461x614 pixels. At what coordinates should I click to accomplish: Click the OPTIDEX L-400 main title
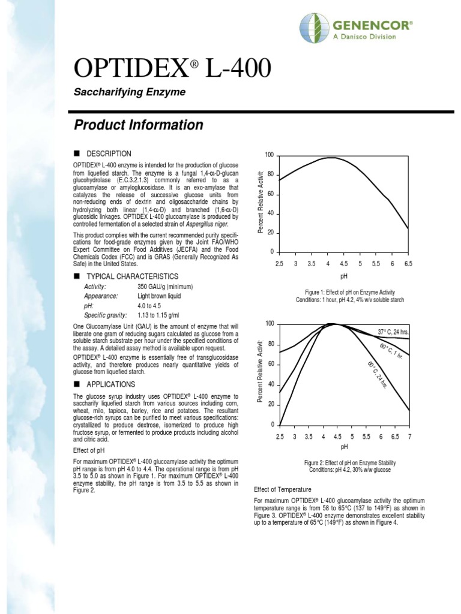point(172,70)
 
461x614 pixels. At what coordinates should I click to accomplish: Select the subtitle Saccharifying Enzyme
point(129,92)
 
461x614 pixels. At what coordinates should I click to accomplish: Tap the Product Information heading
point(138,125)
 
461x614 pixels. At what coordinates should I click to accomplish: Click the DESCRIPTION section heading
point(109,154)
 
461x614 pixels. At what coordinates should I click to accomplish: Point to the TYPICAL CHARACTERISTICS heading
point(132,276)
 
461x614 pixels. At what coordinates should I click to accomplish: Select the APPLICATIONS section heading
point(111,384)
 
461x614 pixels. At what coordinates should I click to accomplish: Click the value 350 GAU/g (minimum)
point(165,287)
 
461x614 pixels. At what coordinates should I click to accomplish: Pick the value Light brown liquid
point(159,296)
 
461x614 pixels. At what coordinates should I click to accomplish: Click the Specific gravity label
point(106,315)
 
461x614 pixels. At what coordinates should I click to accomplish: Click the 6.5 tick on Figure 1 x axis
point(408,264)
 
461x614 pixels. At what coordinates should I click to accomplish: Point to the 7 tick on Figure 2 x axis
point(410,437)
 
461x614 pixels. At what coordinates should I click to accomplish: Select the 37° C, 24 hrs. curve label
point(393,332)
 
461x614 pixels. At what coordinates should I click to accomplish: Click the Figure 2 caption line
point(349,463)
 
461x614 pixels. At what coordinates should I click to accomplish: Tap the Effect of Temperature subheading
point(283,490)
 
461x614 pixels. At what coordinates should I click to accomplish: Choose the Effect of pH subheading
point(89,450)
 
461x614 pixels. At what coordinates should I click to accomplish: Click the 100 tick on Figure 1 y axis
point(269,156)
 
